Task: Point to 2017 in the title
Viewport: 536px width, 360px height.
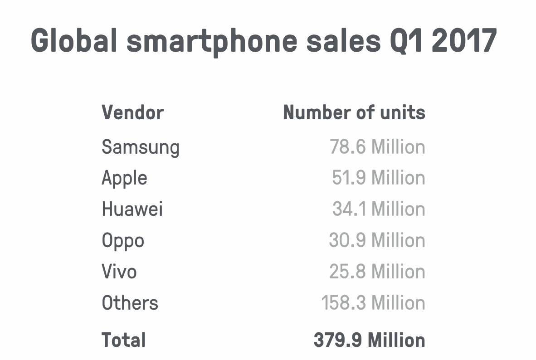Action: tap(464, 40)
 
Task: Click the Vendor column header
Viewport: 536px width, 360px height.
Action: tap(132, 112)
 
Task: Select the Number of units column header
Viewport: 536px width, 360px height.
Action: tap(354, 112)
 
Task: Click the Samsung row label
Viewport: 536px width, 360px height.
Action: tap(141, 147)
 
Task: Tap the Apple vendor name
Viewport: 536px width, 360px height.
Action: tap(124, 178)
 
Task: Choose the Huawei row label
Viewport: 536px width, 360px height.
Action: tap(132, 209)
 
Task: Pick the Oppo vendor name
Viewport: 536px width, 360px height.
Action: tap(123, 241)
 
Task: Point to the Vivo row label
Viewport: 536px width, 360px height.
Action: tap(119, 272)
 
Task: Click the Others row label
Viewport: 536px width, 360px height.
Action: tap(130, 303)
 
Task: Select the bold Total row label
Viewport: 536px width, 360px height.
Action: tap(123, 340)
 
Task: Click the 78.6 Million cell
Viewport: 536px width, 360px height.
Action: tap(377, 147)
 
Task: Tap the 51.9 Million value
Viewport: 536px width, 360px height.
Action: tap(378, 178)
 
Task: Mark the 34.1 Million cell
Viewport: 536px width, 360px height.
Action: tap(379, 209)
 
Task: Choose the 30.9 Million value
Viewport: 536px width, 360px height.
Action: tap(377, 240)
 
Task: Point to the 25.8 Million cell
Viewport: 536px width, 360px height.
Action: tap(377, 272)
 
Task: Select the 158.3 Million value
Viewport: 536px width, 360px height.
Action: tap(373, 303)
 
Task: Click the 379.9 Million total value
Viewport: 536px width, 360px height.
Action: tap(369, 340)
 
